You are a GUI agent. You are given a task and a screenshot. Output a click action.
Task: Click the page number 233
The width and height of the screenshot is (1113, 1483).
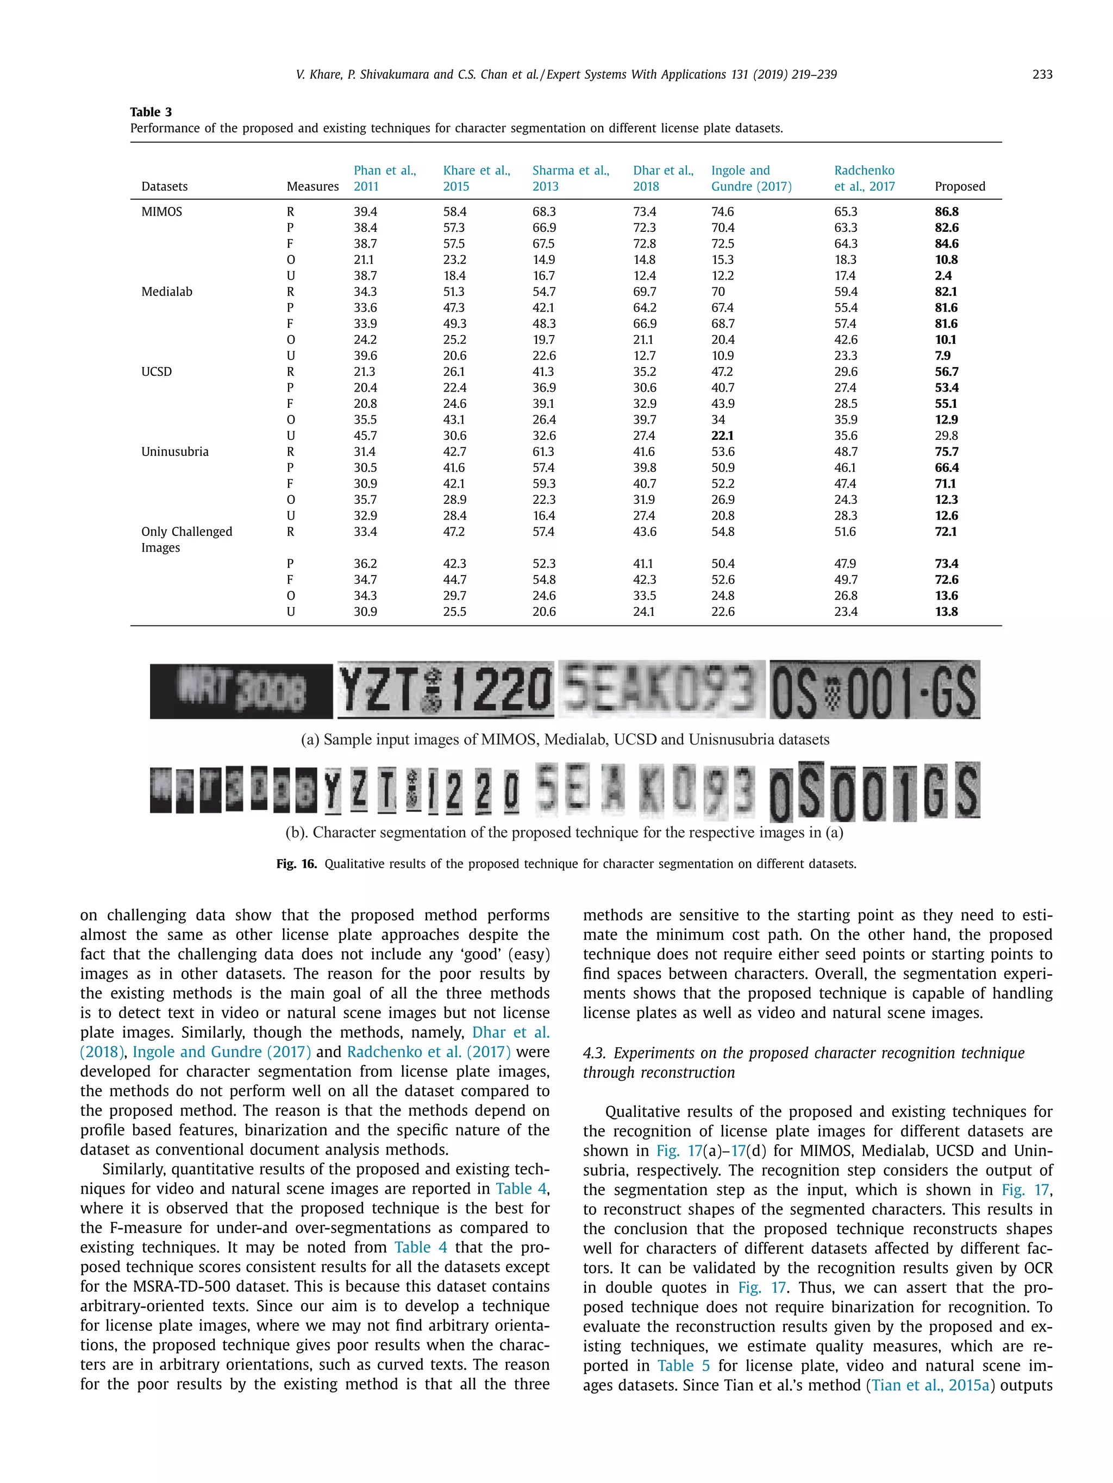point(1041,74)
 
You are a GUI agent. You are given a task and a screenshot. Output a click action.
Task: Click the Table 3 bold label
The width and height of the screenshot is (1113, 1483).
point(151,112)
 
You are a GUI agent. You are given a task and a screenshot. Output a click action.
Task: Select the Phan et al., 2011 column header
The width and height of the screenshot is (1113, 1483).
point(384,178)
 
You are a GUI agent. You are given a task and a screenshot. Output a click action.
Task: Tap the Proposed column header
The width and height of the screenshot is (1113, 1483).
point(959,186)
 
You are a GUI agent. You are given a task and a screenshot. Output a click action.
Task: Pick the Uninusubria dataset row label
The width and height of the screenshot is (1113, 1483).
point(174,452)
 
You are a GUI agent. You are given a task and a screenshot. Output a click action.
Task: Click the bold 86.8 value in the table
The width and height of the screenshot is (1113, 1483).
point(946,212)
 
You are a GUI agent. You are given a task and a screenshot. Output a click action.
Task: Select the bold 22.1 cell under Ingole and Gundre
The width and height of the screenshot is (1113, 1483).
point(723,436)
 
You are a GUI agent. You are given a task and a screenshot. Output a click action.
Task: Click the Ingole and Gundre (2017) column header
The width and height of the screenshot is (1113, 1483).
point(751,178)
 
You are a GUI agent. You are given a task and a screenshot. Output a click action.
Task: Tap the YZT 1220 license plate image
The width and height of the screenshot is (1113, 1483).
point(446,690)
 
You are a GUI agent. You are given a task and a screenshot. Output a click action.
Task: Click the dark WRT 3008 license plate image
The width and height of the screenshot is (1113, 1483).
point(241,691)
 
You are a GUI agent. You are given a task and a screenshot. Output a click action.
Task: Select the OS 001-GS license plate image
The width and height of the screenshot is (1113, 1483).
point(874,690)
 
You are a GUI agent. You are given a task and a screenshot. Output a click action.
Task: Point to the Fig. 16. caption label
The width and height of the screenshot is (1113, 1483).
point(296,863)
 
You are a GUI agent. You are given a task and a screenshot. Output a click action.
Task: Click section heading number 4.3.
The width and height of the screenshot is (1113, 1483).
point(595,1053)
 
